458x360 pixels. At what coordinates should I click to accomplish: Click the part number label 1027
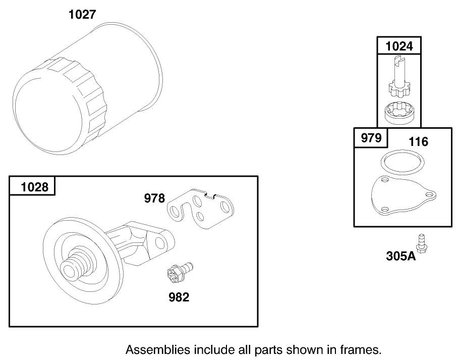coord(82,14)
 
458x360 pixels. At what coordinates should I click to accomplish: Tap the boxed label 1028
coord(34,187)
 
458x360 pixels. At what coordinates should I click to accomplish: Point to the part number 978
coord(154,198)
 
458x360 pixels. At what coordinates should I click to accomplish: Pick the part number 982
coord(179,297)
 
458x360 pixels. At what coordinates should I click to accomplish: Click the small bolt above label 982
coord(179,273)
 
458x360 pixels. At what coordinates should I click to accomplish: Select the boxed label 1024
coord(398,46)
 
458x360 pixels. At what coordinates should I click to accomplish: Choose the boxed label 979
coord(371,138)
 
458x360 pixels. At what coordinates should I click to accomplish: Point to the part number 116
coord(418,142)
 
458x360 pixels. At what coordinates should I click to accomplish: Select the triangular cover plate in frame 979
coord(401,197)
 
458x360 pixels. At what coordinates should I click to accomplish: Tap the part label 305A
coord(402,256)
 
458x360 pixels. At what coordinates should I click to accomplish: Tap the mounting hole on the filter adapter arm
coord(160,243)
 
